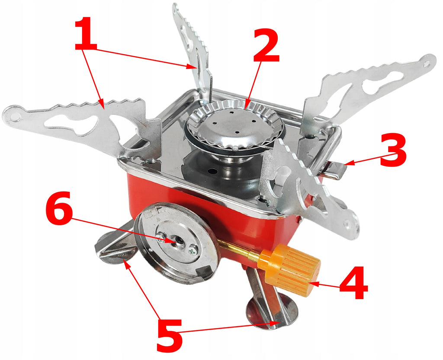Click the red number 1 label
coord(86,34)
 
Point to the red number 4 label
coord(353,282)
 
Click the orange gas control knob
coord(289,270)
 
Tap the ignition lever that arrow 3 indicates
coord(334,170)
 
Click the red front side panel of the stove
coord(192,203)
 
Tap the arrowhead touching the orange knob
coord(313,283)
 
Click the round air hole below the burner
coord(212,171)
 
